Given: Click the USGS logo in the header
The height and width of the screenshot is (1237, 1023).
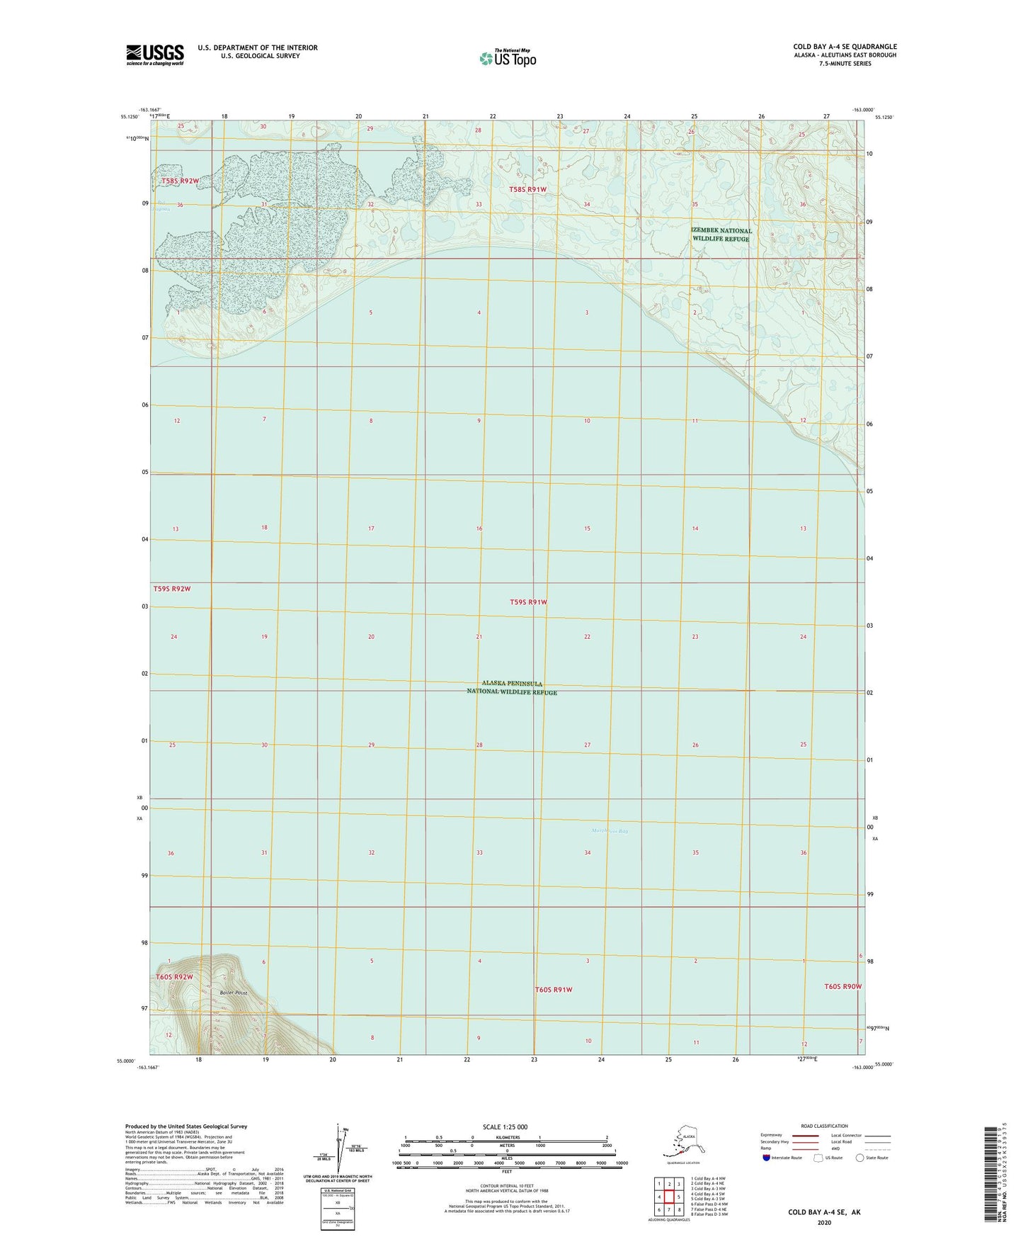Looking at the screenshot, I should (154, 55).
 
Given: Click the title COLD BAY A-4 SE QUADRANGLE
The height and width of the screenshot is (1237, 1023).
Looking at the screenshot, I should (845, 47).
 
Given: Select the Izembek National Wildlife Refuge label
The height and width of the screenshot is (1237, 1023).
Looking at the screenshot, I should (721, 235).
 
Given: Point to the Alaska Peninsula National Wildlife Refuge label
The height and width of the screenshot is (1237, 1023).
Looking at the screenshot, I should (512, 688).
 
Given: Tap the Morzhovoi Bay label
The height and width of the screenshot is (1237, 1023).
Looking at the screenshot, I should (609, 831).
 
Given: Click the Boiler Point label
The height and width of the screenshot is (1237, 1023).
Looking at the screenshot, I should (234, 993).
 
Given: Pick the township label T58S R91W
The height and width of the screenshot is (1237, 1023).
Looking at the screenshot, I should (528, 189).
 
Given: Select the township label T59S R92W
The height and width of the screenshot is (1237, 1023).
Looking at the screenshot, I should (172, 589).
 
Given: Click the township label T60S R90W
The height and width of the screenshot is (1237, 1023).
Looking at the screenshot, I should (842, 986).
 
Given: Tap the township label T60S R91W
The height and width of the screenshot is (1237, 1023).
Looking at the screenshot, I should (553, 990).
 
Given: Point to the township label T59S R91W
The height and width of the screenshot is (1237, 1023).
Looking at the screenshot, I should (528, 602).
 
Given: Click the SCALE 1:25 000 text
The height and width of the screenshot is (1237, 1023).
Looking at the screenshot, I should (505, 1126).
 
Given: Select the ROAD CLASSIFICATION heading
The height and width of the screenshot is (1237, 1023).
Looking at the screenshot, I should (824, 1126).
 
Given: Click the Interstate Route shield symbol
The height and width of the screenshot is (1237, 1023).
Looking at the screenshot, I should (767, 1158).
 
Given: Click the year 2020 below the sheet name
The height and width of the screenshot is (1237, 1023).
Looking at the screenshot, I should (824, 1222).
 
